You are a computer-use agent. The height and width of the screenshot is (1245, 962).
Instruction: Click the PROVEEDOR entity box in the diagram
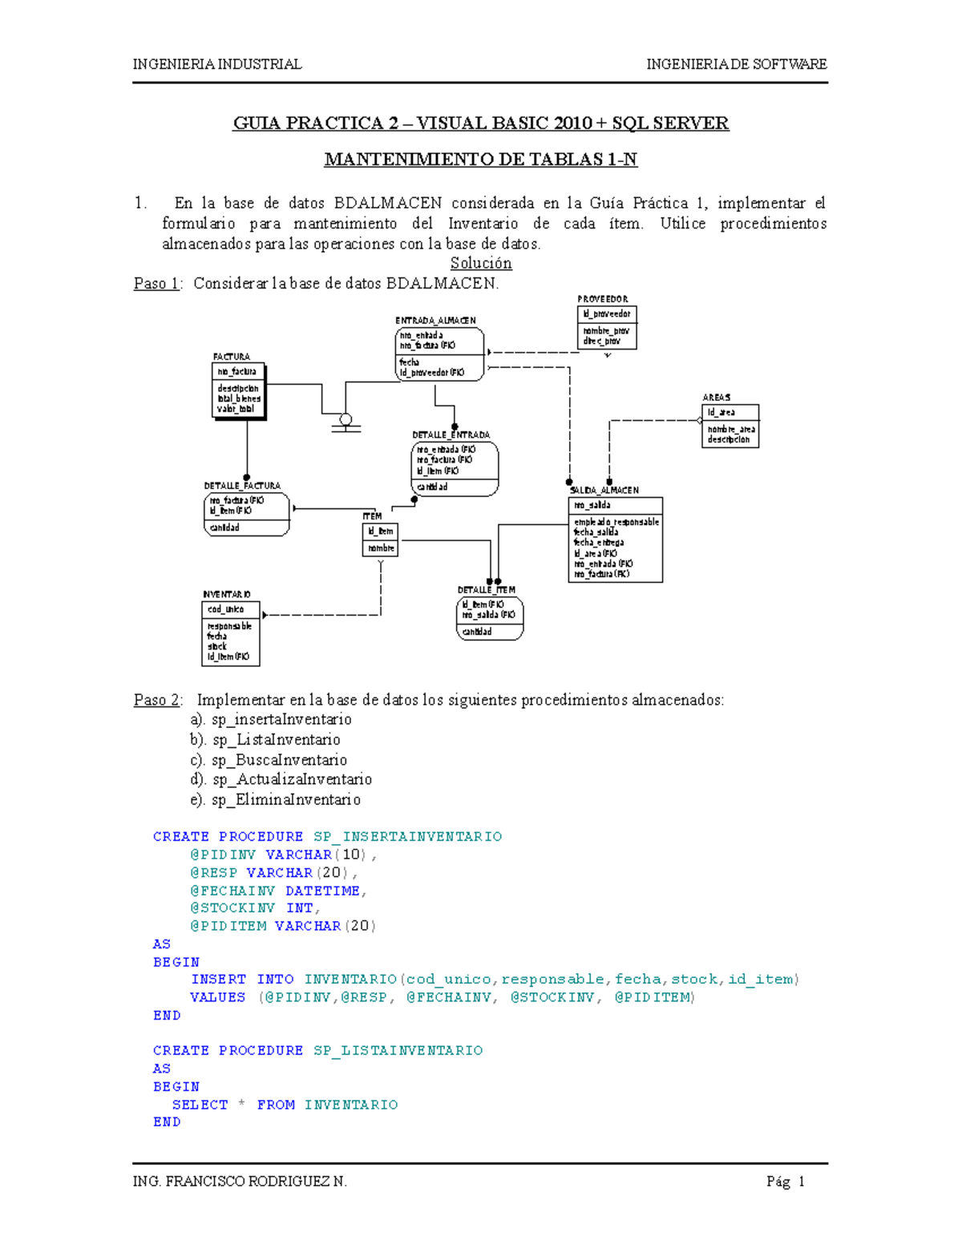[x=607, y=327]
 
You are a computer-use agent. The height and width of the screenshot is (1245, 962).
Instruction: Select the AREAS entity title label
[x=716, y=398]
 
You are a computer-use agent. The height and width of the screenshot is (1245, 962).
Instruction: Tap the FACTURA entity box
[x=237, y=392]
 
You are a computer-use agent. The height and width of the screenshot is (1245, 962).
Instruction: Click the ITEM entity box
[x=380, y=540]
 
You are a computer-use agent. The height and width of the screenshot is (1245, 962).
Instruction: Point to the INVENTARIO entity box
[x=230, y=633]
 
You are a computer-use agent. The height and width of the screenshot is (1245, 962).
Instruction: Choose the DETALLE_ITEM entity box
[x=490, y=618]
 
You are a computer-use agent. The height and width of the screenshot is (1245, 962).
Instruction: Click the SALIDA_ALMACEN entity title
[x=604, y=490]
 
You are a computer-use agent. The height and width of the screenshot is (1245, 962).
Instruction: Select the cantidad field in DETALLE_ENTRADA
[x=432, y=487]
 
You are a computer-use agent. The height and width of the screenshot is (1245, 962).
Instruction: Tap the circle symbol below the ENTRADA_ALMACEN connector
[x=346, y=419]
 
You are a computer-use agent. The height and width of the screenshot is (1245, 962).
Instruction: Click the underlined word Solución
[x=481, y=263]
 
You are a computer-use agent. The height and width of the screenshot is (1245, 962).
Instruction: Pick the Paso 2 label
[x=157, y=700]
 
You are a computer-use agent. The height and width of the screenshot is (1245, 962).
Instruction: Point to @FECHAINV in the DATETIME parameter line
[x=232, y=891]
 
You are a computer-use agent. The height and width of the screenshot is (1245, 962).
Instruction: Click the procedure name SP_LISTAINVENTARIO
[x=398, y=1050]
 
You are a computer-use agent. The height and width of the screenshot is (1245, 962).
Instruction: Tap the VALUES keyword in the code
[x=217, y=997]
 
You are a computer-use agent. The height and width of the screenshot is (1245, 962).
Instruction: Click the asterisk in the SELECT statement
[x=241, y=1104]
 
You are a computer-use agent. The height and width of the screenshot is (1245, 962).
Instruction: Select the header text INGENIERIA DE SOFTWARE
[x=736, y=64]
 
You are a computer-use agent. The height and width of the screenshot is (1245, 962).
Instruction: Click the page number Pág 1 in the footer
[x=785, y=1181]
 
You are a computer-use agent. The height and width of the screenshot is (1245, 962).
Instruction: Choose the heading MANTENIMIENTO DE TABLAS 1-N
[x=480, y=160]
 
